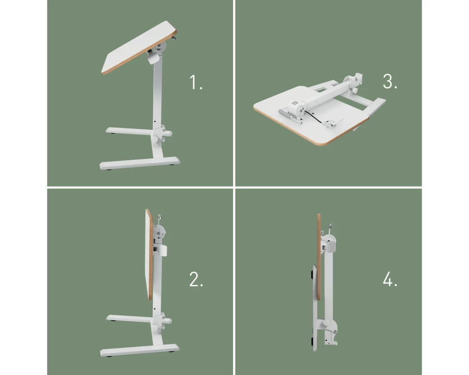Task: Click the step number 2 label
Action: tap(196, 279)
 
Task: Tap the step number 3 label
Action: tap(390, 82)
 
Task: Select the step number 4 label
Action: tap(390, 279)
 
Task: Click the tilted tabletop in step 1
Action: tap(139, 48)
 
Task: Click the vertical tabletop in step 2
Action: tap(150, 254)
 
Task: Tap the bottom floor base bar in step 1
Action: tap(140, 163)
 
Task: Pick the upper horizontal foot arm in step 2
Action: tap(130, 319)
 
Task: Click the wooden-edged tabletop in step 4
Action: tap(319, 257)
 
